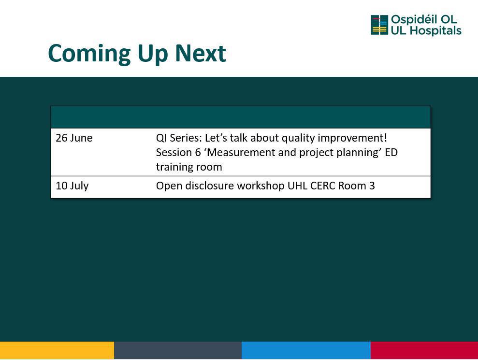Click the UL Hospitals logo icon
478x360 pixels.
point(379,25)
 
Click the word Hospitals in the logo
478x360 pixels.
point(435,30)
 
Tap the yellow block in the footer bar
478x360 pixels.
point(57,350)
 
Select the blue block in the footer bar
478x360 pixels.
point(306,350)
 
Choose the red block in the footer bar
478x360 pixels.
point(424,350)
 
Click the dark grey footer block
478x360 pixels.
point(178,350)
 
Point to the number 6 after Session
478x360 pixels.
point(198,152)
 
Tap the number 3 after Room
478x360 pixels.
point(372,186)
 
